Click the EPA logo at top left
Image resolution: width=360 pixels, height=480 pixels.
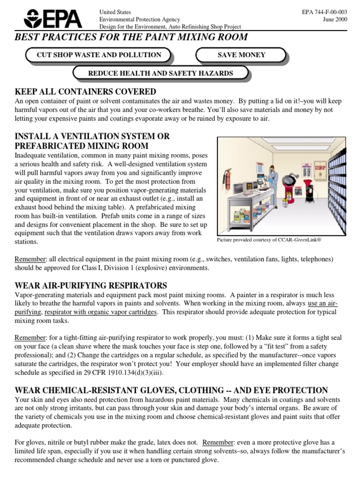point(52,18)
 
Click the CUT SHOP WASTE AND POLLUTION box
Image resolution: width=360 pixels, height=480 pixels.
point(99,55)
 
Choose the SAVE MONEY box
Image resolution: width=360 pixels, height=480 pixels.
point(241,55)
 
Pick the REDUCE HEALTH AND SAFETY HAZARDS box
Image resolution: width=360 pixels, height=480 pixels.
point(161,73)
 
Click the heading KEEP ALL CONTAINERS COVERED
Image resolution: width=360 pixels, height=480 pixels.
point(85,91)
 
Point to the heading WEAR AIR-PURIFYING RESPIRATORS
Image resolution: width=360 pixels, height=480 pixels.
point(91,285)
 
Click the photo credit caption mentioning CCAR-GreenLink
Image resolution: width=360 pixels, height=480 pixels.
point(270,240)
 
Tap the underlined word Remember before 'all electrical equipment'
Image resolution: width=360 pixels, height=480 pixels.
point(30,259)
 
